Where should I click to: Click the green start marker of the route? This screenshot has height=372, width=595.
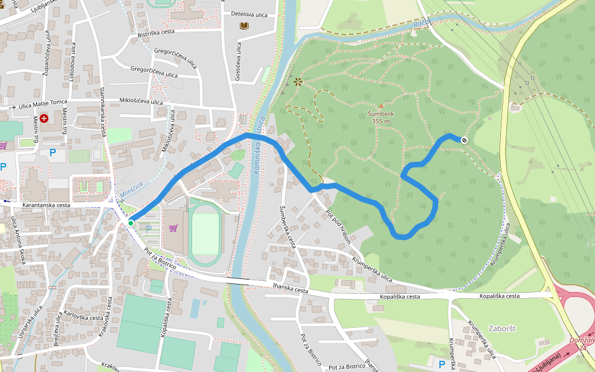coord(131,223)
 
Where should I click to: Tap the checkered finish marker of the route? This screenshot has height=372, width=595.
coord(464,140)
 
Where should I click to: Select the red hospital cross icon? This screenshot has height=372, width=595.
coord(44,118)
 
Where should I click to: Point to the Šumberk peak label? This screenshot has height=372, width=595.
coord(381,114)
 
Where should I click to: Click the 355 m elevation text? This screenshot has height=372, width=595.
coord(381,122)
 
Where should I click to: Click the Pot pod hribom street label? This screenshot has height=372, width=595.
coord(338,226)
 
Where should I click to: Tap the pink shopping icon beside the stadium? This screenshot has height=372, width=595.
coord(173,228)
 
